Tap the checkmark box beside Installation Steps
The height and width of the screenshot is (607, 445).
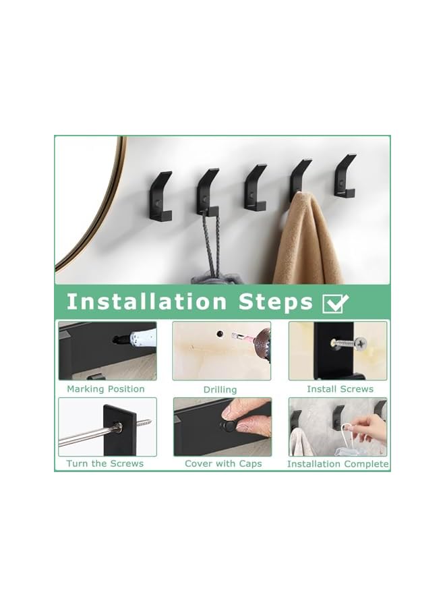(x=336, y=303)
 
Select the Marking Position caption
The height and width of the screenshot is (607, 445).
(x=106, y=389)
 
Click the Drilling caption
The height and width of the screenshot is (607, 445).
(x=220, y=390)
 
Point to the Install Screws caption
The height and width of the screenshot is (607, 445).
(x=340, y=389)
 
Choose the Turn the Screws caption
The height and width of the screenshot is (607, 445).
(x=105, y=464)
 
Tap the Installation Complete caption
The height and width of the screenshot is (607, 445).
(x=338, y=464)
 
